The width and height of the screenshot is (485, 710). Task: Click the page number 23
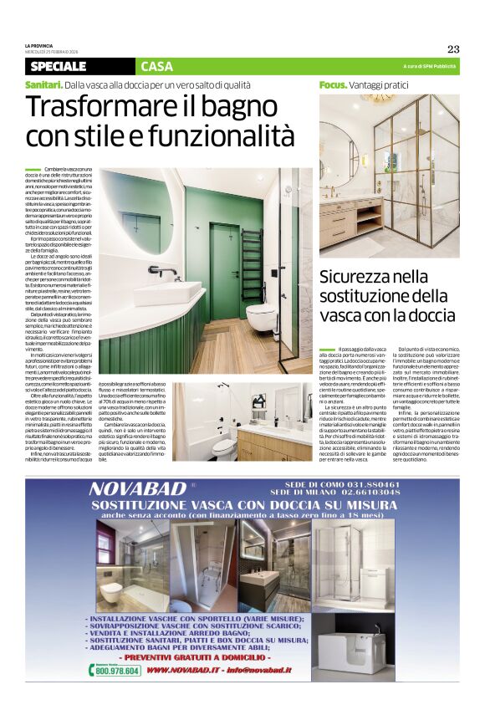coord(453,49)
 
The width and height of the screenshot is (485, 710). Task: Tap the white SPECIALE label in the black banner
coord(58,66)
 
